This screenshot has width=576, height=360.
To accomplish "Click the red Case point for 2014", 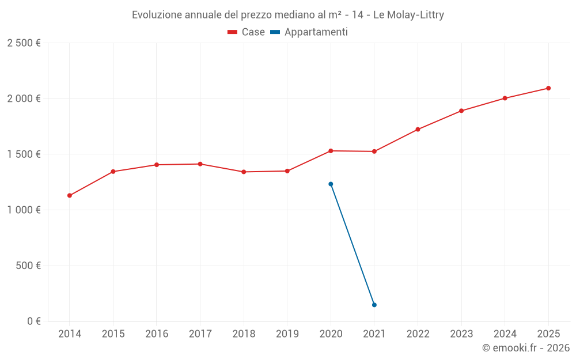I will click(70, 195).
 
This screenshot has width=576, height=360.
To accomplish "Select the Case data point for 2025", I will click(548, 88).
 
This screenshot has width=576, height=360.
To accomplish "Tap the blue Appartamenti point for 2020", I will click(331, 184).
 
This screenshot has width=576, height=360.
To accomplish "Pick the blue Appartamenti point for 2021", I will click(374, 305).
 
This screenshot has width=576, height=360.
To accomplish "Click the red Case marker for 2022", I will click(418, 129).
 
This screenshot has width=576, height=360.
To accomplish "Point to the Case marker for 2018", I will click(244, 172).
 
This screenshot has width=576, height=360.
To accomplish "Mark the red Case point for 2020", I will click(331, 151).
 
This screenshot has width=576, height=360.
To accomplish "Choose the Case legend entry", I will click(247, 32).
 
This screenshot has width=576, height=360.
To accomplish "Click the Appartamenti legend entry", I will click(309, 32).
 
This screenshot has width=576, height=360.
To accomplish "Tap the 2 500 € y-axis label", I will click(24, 43).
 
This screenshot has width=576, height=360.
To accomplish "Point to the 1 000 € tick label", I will click(24, 210).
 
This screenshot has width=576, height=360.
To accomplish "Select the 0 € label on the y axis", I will click(32, 321).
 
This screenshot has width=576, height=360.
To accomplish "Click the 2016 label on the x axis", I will click(157, 334).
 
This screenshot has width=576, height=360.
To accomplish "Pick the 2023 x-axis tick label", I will click(461, 334).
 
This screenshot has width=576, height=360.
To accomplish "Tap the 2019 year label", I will click(287, 334).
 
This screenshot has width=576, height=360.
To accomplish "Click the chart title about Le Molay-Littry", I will click(288, 15).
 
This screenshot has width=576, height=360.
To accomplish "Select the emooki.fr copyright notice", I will click(526, 348).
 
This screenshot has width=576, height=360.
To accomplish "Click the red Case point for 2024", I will click(505, 98).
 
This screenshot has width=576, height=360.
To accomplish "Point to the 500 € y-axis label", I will click(28, 266).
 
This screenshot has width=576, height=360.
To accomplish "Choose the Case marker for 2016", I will click(157, 165).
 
